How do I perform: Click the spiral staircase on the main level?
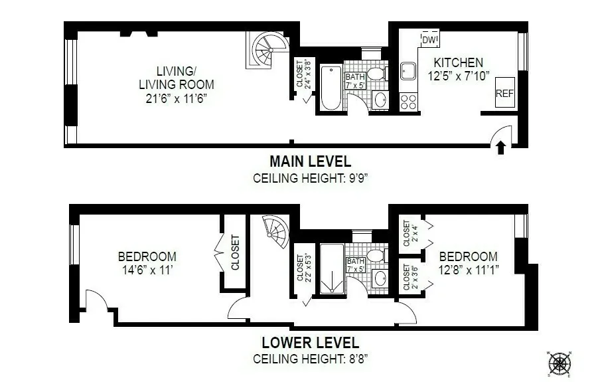(x=268, y=49)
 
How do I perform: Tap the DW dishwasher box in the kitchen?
(x=429, y=41)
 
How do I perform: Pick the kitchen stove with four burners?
(x=408, y=102)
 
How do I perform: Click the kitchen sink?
(x=408, y=70)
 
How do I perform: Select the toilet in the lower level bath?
(x=376, y=256)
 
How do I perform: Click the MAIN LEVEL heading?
(x=310, y=161)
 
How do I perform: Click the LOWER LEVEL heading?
(x=310, y=343)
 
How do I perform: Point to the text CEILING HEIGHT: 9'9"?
(x=310, y=178)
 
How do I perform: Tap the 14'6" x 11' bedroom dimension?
(x=147, y=270)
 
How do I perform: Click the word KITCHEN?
(x=458, y=63)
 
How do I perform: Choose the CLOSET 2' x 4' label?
(x=410, y=233)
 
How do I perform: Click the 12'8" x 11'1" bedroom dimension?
(x=468, y=270)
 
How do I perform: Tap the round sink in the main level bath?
(x=379, y=100)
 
